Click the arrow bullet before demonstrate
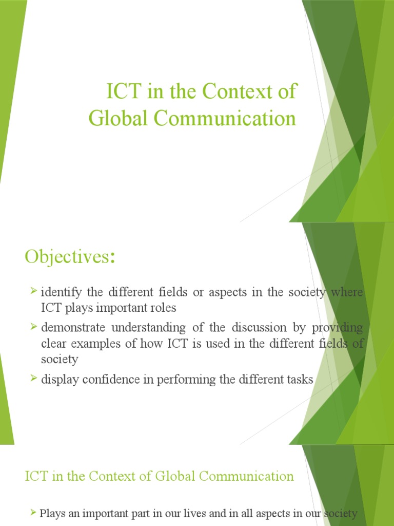(33, 327)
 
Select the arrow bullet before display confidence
(33, 379)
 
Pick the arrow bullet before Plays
(33, 512)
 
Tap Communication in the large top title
(225, 119)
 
